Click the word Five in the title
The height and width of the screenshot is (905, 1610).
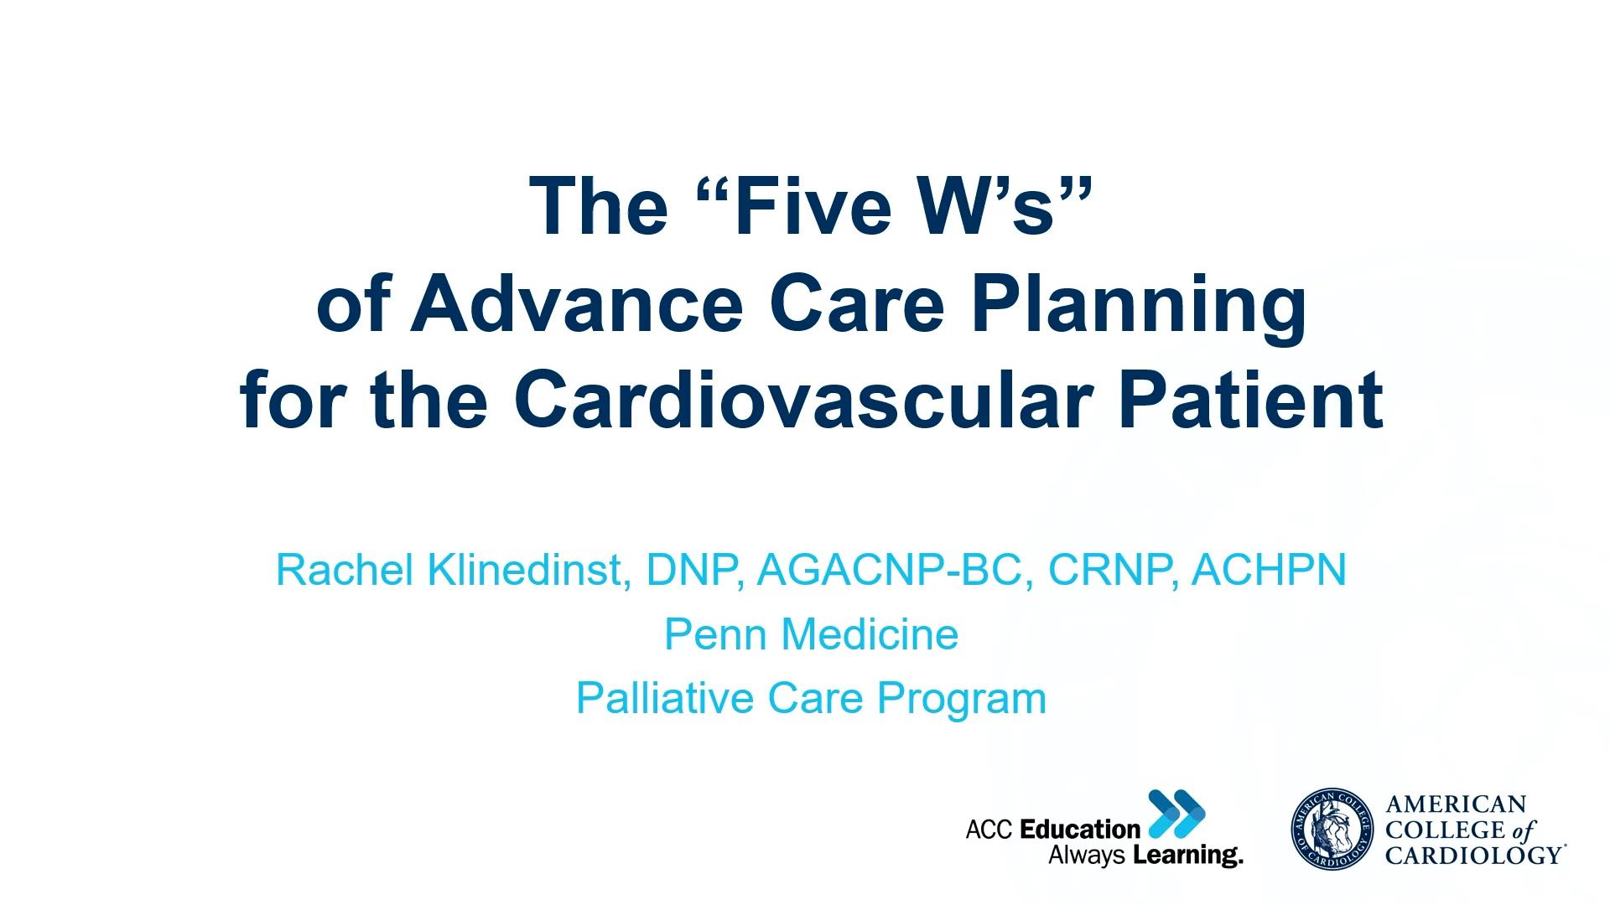(x=804, y=207)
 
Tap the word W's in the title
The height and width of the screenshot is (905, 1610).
(x=995, y=207)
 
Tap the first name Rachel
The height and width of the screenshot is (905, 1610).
(x=345, y=570)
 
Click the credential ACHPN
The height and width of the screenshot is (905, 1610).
(x=1269, y=570)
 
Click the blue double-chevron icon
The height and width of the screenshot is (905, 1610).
(x=1176, y=813)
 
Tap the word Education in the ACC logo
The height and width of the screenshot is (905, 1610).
(x=1080, y=830)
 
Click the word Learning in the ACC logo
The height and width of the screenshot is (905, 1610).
(x=1187, y=856)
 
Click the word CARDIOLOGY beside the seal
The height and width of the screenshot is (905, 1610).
(x=1472, y=855)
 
